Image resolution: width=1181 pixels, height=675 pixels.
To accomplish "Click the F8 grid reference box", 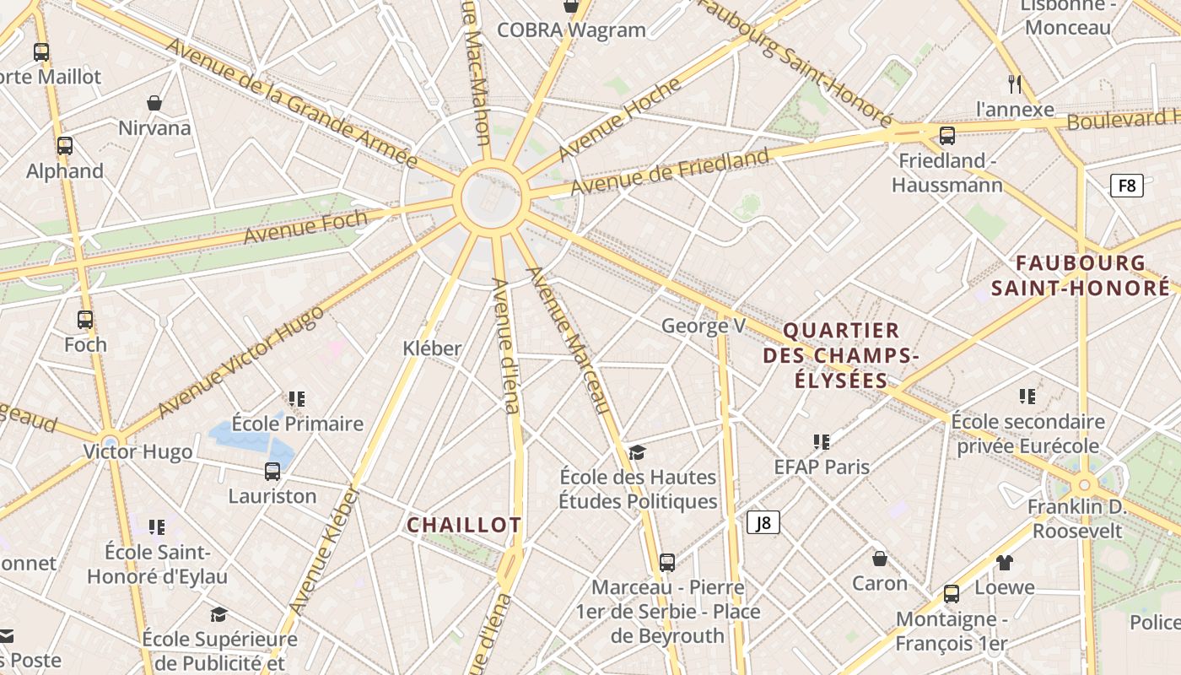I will coord(1126,186).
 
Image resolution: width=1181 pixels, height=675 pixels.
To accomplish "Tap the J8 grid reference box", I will coord(763,522).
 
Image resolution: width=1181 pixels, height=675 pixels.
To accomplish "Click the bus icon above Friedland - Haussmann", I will coord(947,136).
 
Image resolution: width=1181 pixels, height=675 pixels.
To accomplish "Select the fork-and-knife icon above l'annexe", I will coord(1015,84).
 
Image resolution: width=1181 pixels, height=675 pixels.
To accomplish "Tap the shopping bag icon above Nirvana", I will coord(154,103).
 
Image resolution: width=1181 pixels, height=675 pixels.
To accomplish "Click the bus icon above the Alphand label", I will coord(65,145).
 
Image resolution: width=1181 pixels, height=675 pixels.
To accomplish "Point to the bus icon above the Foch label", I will coord(85,320).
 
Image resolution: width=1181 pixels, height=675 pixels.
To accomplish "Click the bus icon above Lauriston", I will coord(272,471).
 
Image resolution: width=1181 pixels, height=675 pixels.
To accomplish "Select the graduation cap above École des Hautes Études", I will coord(637,453).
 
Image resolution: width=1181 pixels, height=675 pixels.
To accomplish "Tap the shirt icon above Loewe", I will coord(1004,562).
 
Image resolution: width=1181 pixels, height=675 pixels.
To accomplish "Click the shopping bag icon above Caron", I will coord(879,558).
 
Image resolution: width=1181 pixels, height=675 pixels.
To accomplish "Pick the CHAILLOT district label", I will coord(464,525).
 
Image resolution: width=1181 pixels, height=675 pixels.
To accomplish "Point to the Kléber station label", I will coord(432,348).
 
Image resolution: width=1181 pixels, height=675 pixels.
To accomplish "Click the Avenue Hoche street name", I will coord(619,119).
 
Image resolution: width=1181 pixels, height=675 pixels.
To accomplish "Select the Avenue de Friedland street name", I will coord(671,170).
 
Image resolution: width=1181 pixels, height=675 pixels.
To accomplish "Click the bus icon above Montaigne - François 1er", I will coord(952,594).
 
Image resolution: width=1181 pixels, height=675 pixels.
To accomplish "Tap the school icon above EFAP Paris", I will coord(822,441).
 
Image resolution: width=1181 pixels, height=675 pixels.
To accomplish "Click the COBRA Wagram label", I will coord(571,30).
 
